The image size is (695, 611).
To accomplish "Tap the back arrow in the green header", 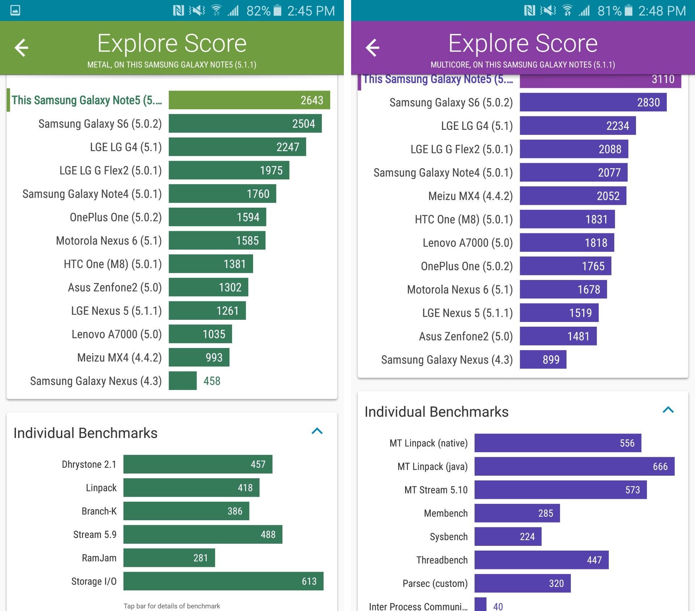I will [21, 47].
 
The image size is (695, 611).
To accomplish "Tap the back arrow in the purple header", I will [372, 47].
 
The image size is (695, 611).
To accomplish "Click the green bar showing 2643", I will [249, 100].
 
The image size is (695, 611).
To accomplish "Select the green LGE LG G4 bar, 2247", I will [237, 147].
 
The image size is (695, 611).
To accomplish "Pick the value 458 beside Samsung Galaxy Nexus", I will [212, 381].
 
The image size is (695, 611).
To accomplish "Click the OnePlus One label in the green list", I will [115, 217].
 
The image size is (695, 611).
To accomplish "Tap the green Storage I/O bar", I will [223, 581].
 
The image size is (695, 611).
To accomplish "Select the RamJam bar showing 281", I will [169, 557].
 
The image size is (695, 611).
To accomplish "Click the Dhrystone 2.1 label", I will [89, 464].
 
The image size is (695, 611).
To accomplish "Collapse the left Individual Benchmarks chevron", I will [317, 431].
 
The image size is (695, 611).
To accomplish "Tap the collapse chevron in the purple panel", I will [668, 410].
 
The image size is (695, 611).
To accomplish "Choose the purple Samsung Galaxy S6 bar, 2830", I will [593, 102].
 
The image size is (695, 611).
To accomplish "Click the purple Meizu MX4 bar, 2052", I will [573, 196].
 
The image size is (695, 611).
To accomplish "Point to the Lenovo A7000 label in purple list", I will [467, 243].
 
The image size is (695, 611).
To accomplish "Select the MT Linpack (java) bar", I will [574, 466].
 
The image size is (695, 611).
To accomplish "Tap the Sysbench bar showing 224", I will [507, 536].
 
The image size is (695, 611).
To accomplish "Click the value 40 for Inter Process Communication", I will [498, 606].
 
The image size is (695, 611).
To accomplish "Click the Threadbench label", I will [442, 560].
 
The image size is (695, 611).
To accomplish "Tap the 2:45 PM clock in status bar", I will [311, 11].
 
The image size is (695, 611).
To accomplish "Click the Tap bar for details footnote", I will [172, 606].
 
